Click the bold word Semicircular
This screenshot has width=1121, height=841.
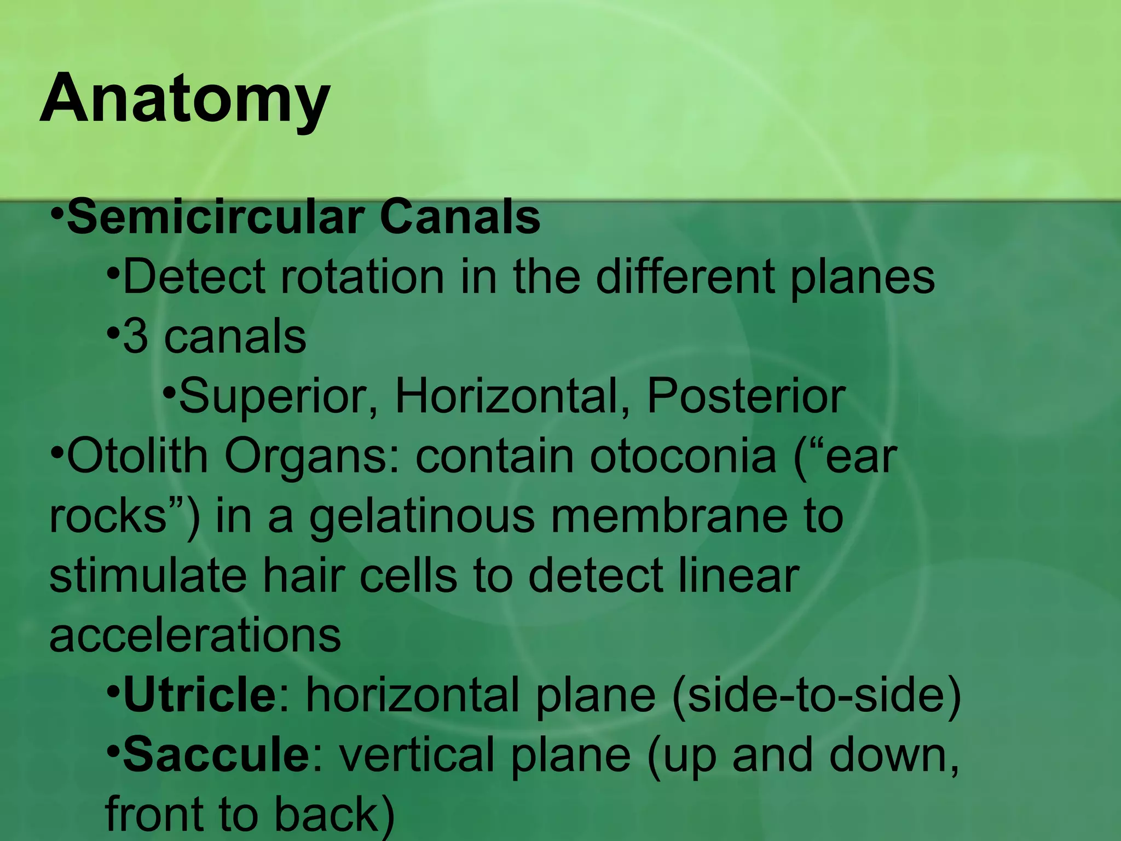click(x=216, y=217)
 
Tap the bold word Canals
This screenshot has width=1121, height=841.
click(x=460, y=217)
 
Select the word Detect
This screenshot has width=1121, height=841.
click(x=194, y=277)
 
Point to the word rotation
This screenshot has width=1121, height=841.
click(x=362, y=277)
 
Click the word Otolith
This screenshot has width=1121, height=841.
click(x=137, y=456)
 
